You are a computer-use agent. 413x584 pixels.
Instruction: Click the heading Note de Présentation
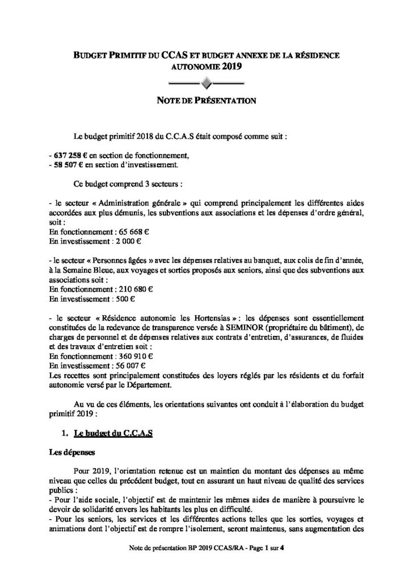point(206,101)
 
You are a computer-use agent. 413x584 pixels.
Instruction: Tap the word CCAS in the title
point(174,56)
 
